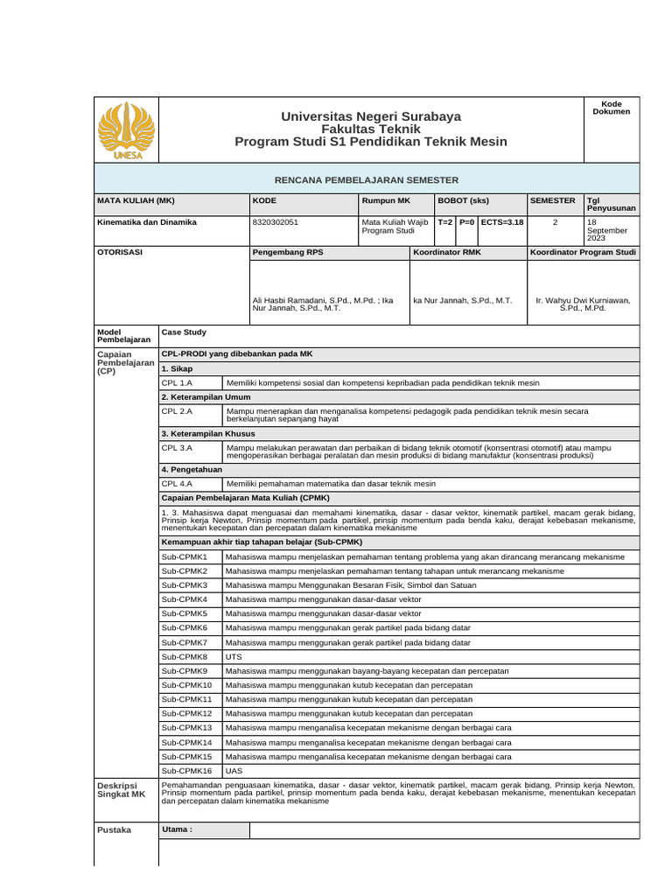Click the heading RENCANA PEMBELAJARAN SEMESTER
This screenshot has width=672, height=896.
click(x=367, y=179)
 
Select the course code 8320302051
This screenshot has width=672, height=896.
click(x=276, y=222)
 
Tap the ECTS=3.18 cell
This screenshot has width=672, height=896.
click(x=501, y=222)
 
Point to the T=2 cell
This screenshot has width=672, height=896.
click(x=444, y=222)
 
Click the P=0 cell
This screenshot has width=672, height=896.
click(x=466, y=222)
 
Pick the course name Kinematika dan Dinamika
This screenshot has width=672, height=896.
click(x=146, y=222)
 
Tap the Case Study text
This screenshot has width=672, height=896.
click(x=184, y=332)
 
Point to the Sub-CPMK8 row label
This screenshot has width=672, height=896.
click(x=185, y=656)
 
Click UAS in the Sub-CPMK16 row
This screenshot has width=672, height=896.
click(x=234, y=771)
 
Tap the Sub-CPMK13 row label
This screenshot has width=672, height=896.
click(x=186, y=728)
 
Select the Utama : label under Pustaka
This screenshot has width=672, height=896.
click(x=177, y=829)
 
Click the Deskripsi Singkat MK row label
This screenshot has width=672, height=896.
click(x=121, y=790)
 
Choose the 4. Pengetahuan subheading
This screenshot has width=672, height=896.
click(x=192, y=469)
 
